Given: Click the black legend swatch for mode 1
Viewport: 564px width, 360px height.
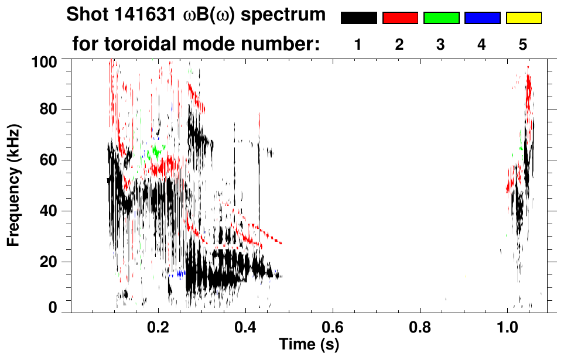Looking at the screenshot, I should (358, 18).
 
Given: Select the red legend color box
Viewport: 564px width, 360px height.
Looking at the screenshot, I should (400, 18).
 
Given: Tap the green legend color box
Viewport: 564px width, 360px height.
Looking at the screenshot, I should (441, 18).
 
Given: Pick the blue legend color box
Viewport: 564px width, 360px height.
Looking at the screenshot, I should (482, 18).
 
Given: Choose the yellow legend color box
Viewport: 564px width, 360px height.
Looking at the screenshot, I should (524, 18).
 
